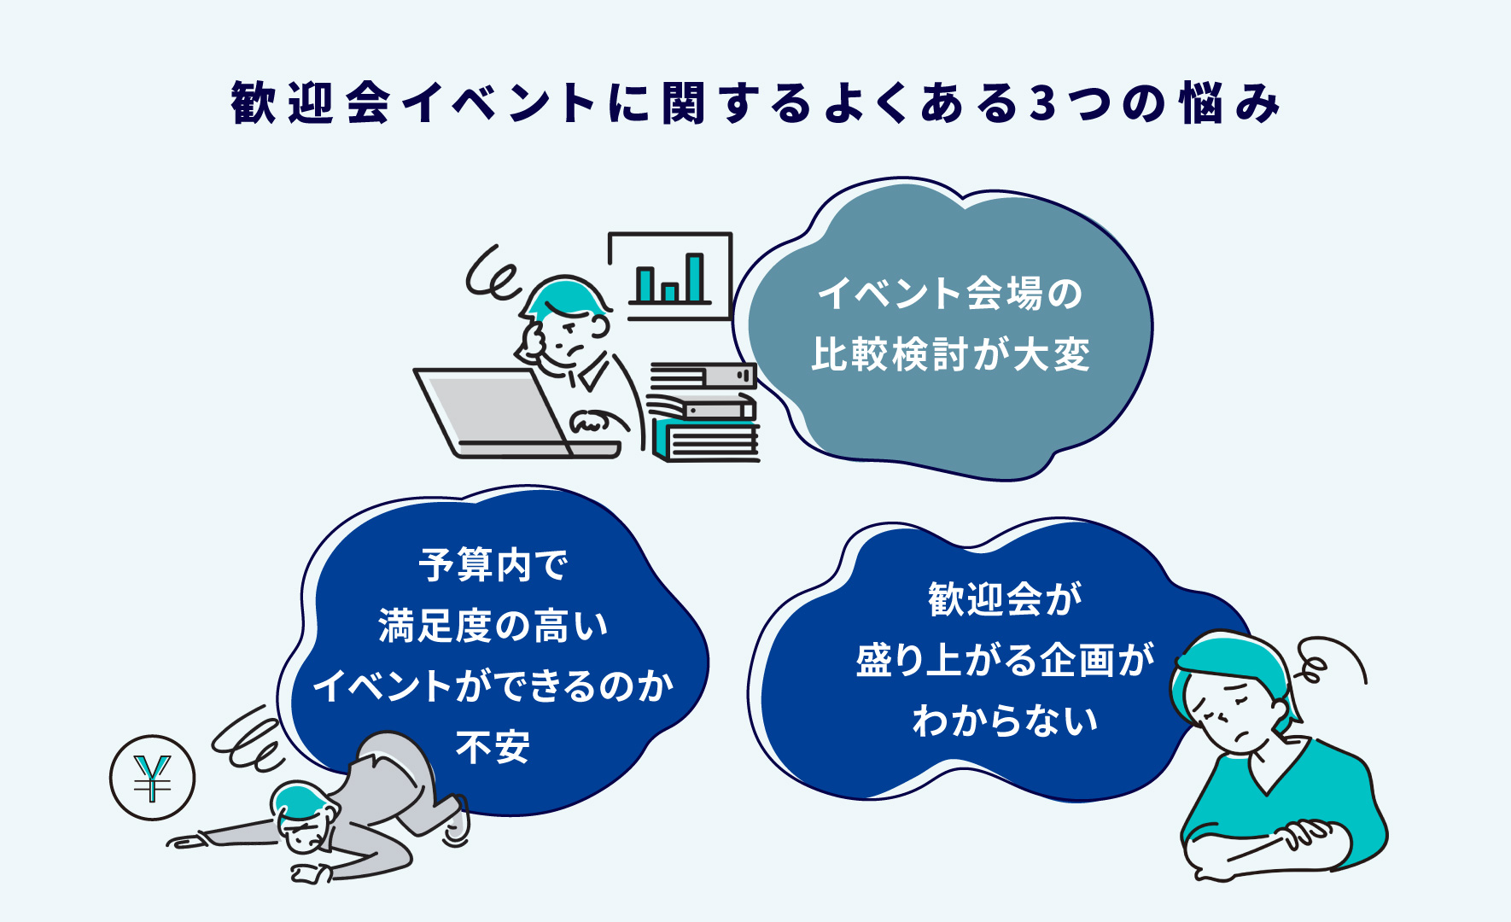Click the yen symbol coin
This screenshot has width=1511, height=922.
pyautogui.click(x=153, y=778)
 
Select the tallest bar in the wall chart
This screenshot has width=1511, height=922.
pyautogui.click(x=695, y=278)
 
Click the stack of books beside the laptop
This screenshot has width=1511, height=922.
pyautogui.click(x=703, y=412)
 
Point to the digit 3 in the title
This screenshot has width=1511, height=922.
pyautogui.click(x=1042, y=103)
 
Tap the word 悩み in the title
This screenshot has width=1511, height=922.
pyautogui.click(x=1230, y=103)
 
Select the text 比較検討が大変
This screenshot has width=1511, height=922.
pyautogui.click(x=951, y=353)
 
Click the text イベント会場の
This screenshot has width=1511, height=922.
pyautogui.click(x=951, y=293)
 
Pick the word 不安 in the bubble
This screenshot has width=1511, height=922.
pyautogui.click(x=493, y=747)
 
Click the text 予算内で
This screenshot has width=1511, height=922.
pyautogui.click(x=493, y=564)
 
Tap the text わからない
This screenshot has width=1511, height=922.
pyautogui.click(x=1005, y=720)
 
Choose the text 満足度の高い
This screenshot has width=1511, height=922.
pyautogui.click(x=493, y=625)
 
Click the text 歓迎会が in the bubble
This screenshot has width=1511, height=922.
pyautogui.click(x=1005, y=598)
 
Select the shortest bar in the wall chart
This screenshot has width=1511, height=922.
pyautogui.click(x=670, y=293)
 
